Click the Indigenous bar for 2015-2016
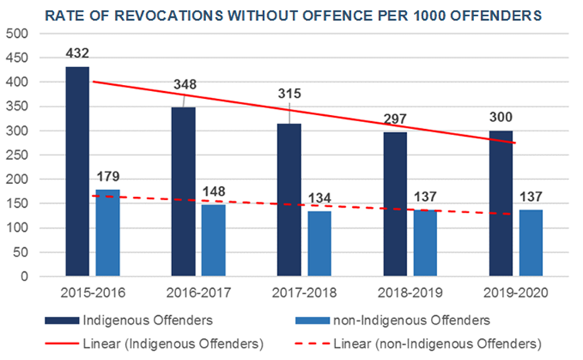[x=77, y=171]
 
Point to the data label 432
[x=77, y=54]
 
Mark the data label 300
[x=500, y=117]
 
